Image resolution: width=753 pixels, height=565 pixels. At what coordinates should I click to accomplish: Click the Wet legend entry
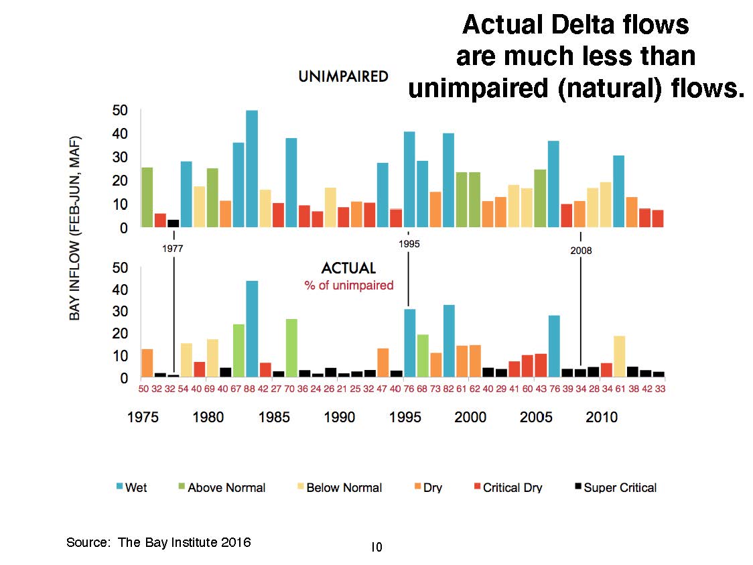131,487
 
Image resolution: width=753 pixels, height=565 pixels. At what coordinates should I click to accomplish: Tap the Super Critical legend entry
616,487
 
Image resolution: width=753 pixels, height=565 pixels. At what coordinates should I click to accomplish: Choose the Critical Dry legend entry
507,487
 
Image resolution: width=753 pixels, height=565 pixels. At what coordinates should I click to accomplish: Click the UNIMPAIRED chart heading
343,76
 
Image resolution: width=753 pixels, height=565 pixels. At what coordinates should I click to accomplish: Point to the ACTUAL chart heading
348,268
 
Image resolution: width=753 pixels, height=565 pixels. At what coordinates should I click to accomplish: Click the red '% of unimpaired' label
348,285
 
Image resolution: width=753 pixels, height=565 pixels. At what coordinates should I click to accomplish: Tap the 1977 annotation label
173,248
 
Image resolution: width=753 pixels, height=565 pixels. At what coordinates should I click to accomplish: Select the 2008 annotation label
581,251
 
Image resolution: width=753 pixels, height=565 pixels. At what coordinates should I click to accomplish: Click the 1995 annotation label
409,244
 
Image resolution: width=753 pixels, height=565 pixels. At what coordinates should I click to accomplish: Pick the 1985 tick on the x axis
275,418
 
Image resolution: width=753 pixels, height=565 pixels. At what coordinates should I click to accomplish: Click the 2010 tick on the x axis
602,418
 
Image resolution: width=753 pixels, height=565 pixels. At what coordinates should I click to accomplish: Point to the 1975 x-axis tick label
144,418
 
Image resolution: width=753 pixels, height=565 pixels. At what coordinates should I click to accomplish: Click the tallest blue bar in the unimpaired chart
252,169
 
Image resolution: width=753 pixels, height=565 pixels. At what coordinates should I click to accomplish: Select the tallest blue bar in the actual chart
252,328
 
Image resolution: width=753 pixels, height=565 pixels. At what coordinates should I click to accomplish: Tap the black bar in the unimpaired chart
173,223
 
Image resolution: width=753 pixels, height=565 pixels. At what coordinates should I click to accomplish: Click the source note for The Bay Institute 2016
158,542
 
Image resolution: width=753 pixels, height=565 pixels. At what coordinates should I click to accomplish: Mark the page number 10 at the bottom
376,548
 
